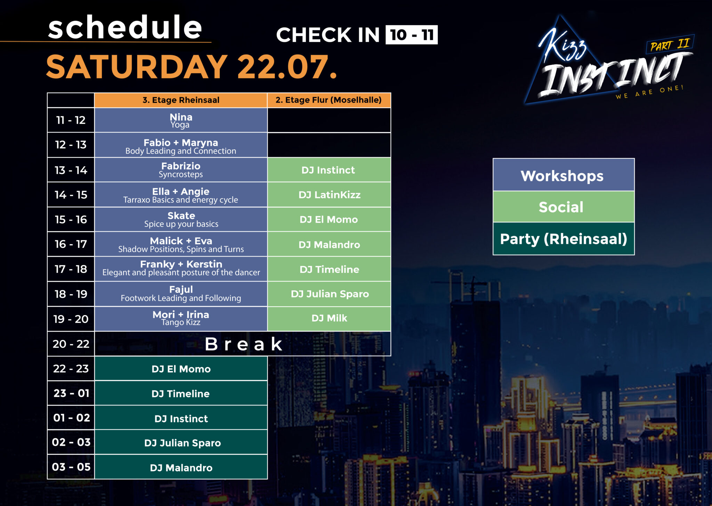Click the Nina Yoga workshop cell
coord(181,120)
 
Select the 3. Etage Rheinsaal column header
coord(181,100)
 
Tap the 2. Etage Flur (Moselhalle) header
coord(329,100)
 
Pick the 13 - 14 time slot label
coord(71,170)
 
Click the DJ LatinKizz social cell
coord(329,195)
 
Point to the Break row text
coord(243,344)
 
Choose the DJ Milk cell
coord(329,318)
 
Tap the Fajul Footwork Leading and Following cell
coord(181,294)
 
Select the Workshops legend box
coord(564,175)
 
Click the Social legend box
coord(564,207)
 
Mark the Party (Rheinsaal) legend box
coord(564,239)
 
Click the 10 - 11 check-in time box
coord(412,35)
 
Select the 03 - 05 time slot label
coord(71,467)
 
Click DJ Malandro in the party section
coord(181,467)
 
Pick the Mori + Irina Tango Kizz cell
coord(181,318)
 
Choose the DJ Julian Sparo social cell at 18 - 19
coord(329,294)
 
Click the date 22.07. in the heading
coord(287,67)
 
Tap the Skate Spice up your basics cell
coord(181,219)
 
